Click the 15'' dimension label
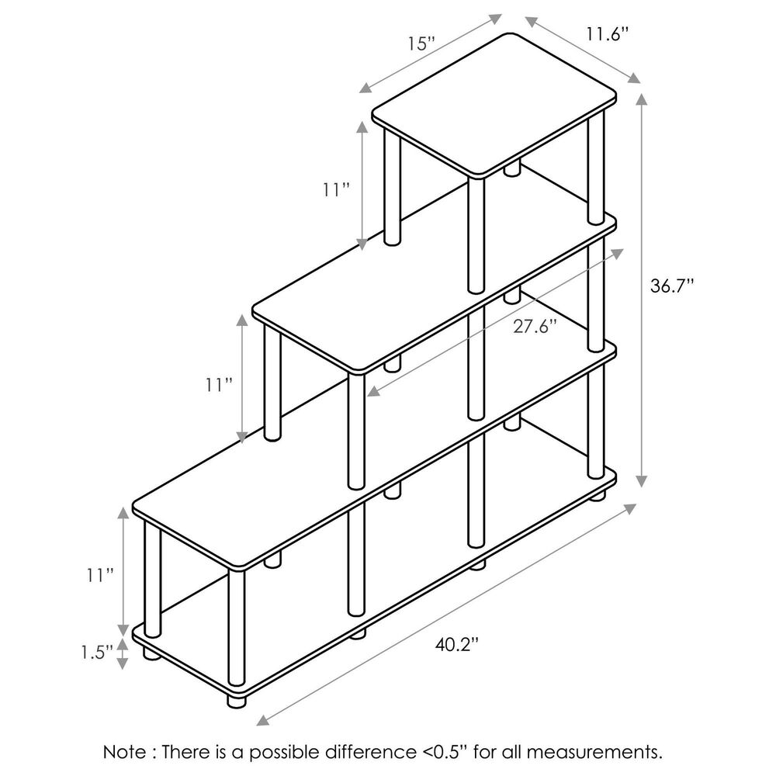click(x=421, y=43)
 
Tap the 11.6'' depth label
click(x=608, y=34)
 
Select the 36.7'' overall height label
click(x=672, y=286)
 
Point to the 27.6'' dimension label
click(x=535, y=326)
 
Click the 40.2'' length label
click(x=457, y=644)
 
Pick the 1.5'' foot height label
click(x=98, y=653)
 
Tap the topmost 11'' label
click(x=337, y=189)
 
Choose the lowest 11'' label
click(x=100, y=575)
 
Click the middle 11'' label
click(x=220, y=385)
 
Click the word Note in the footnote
click(x=124, y=752)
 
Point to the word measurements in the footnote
click(x=594, y=753)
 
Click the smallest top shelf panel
click(x=494, y=105)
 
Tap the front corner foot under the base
click(x=237, y=700)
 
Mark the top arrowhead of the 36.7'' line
click(x=642, y=99)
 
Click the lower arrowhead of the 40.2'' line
click(x=262, y=720)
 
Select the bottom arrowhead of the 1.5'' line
click(x=123, y=663)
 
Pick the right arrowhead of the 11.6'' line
click(x=634, y=78)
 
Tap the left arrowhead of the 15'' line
click(x=365, y=88)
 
